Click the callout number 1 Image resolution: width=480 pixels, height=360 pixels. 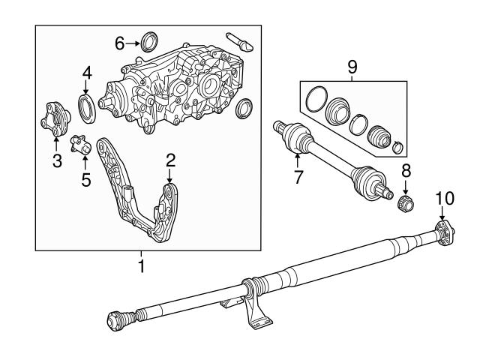click(x=140, y=265)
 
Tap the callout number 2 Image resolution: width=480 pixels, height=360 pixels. click(x=170, y=159)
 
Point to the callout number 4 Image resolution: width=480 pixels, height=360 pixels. click(x=87, y=73)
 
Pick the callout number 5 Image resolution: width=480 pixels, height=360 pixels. click(x=85, y=179)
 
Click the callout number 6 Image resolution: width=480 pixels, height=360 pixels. click(x=118, y=43)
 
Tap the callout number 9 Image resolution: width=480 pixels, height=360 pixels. click(x=353, y=66)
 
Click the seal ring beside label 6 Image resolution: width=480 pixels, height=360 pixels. click(x=149, y=40)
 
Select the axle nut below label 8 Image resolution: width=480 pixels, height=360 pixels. click(x=406, y=202)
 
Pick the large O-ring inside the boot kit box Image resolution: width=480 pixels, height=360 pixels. click(x=315, y=101)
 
